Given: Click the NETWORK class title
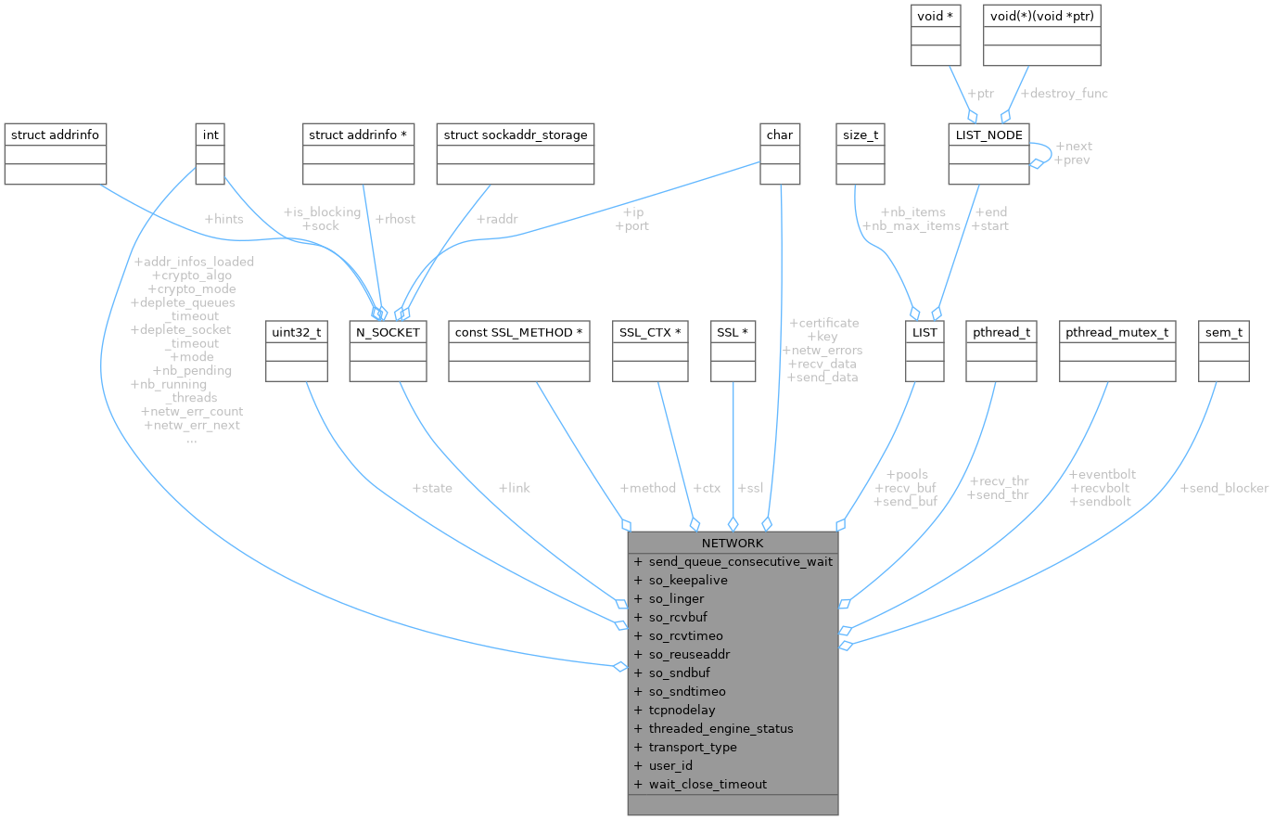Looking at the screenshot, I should [733, 543].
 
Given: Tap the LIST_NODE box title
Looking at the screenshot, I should [988, 135].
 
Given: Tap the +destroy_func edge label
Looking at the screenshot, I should [1064, 93].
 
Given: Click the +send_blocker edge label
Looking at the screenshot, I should [1223, 488].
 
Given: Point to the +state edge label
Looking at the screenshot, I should [432, 488].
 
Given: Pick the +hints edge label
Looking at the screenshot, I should [223, 219].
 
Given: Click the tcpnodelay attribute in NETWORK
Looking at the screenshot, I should [682, 710].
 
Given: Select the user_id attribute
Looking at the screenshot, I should [670, 765].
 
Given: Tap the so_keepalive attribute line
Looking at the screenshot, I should [687, 580].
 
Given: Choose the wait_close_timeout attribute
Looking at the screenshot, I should [708, 784].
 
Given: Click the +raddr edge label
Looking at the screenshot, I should [496, 219].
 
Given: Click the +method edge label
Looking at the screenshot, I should [647, 488].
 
